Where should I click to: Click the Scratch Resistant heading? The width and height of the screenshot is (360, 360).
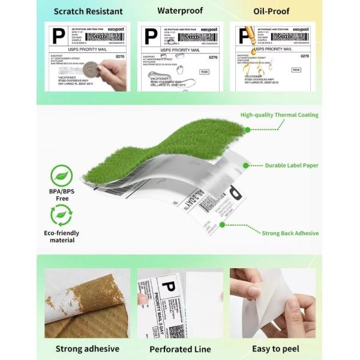click(88, 11)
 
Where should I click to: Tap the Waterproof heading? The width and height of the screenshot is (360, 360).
click(180, 11)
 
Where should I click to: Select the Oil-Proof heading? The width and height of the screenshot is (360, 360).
click(272, 11)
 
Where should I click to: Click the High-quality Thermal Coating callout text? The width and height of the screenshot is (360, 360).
click(279, 115)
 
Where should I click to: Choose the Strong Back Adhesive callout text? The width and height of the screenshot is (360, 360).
click(290, 233)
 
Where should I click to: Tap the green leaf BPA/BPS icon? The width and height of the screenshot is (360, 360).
click(62, 175)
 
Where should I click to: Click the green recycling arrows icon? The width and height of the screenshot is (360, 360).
click(62, 214)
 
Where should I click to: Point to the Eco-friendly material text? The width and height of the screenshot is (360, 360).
click(62, 236)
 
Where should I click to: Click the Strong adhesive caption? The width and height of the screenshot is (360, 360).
click(87, 349)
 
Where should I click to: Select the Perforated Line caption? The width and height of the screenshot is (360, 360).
click(180, 349)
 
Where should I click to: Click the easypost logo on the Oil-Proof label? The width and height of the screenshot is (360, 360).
click(300, 29)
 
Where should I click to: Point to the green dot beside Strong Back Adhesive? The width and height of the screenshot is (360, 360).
click(222, 225)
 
